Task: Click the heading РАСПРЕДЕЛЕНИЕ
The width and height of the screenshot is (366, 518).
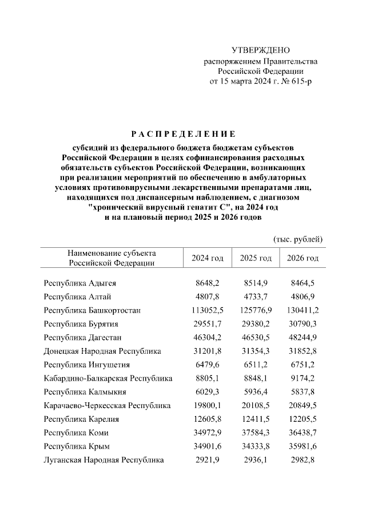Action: [x=183, y=135]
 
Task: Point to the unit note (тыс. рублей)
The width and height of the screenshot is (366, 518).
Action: [x=299, y=238]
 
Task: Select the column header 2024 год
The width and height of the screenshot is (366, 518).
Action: [x=207, y=258]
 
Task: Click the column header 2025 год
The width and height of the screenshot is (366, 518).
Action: [x=256, y=258]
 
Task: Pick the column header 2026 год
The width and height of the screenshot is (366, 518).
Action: [x=303, y=258]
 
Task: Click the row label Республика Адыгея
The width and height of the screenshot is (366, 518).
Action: [x=80, y=283]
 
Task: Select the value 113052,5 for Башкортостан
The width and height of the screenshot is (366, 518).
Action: [x=207, y=310]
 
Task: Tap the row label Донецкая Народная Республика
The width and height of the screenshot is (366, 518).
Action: [x=102, y=351]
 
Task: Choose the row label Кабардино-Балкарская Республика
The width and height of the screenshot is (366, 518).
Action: [x=108, y=378]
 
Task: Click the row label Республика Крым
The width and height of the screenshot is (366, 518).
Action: [x=77, y=446]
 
